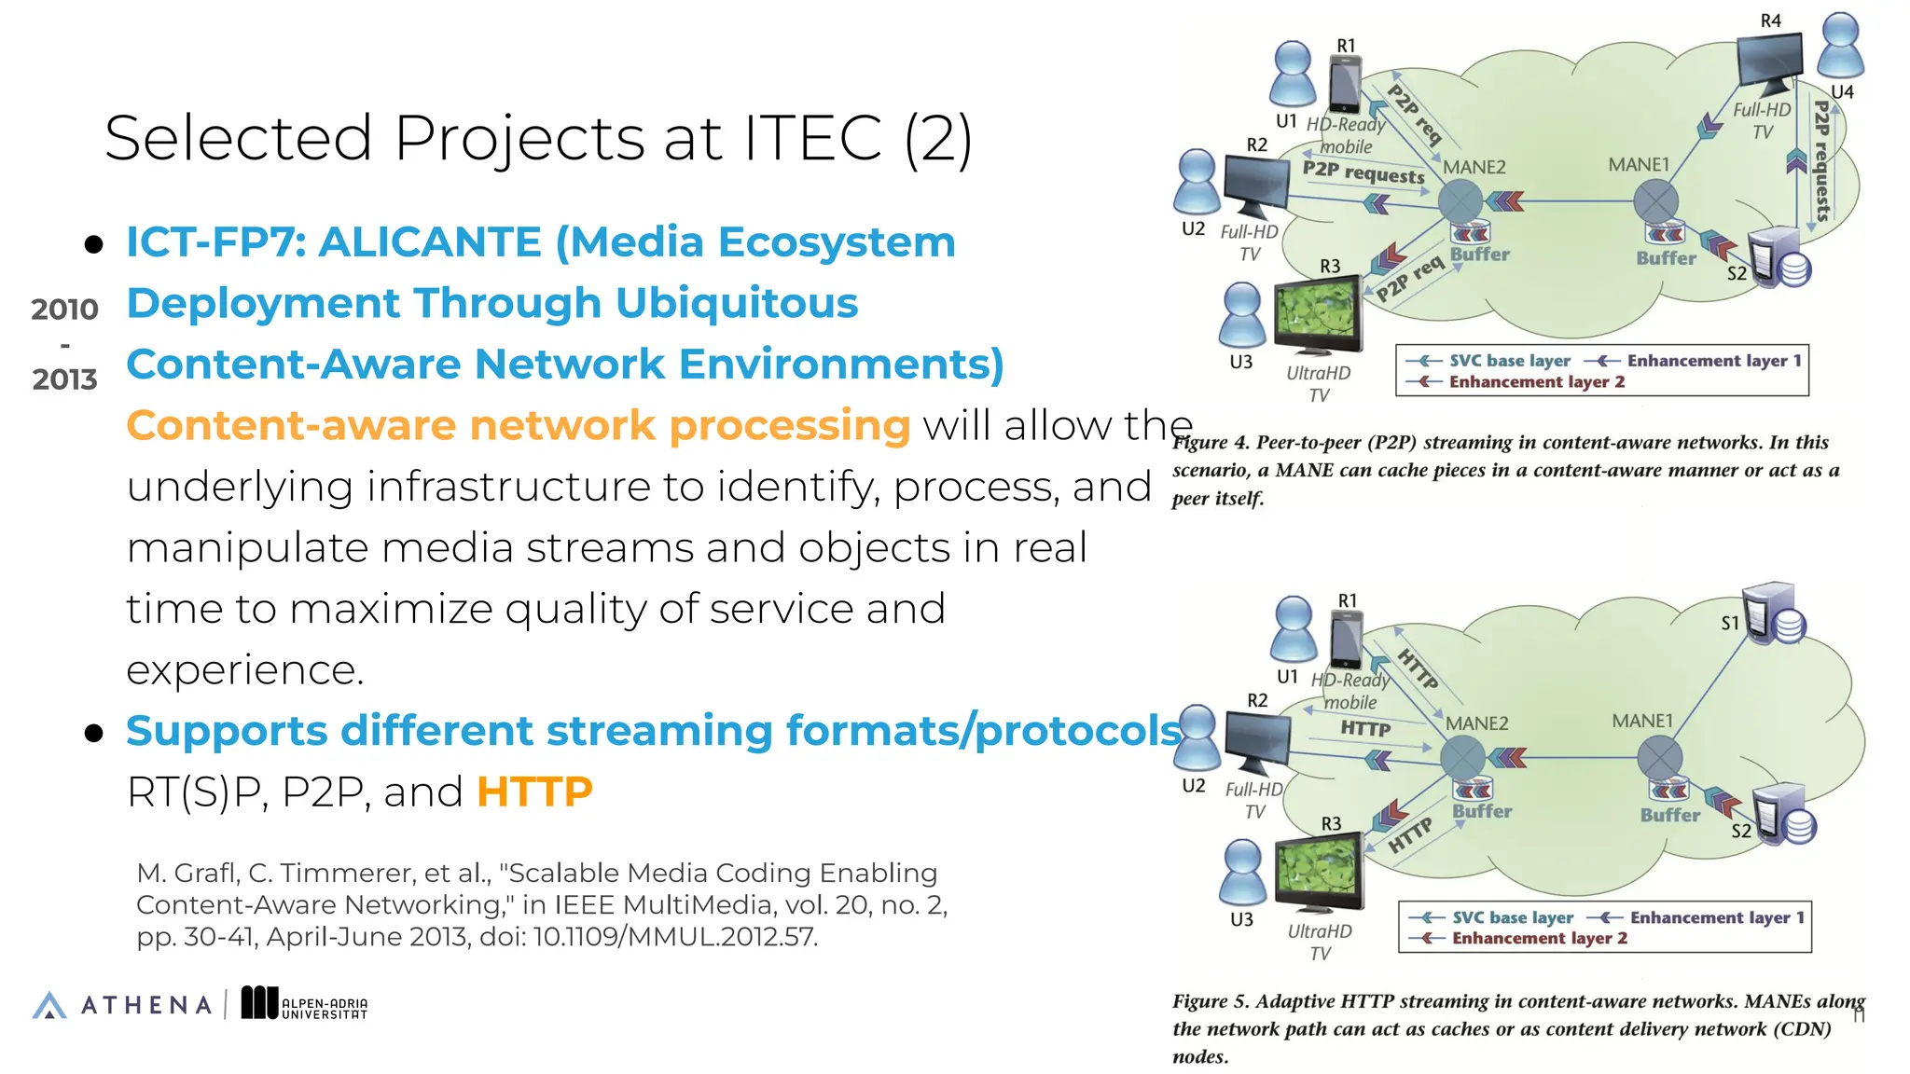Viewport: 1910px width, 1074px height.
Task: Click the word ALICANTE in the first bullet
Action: pyautogui.click(x=430, y=242)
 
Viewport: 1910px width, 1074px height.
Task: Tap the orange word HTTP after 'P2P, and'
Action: pyautogui.click(x=534, y=792)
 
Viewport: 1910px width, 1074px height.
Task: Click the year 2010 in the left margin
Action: pyautogui.click(x=64, y=310)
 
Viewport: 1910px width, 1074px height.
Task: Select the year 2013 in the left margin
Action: pyautogui.click(x=64, y=380)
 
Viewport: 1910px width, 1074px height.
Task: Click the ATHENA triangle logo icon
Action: pyautogui.click(x=49, y=1005)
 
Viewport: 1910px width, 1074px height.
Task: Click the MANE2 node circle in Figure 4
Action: pyautogui.click(x=1460, y=200)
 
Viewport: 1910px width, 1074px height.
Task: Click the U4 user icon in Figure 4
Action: pyautogui.click(x=1841, y=47)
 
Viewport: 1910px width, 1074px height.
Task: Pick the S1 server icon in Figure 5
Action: pyautogui.click(x=1774, y=613)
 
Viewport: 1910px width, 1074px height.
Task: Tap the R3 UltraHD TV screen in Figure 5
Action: pyautogui.click(x=1318, y=869)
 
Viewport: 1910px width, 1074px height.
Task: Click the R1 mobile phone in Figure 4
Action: pyautogui.click(x=1344, y=85)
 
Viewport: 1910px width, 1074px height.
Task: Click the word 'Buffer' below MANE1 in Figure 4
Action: pyautogui.click(x=1666, y=258)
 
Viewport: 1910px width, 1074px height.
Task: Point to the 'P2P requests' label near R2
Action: pyautogui.click(x=1363, y=172)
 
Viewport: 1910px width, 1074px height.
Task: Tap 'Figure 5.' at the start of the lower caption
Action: pyautogui.click(x=1210, y=1001)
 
